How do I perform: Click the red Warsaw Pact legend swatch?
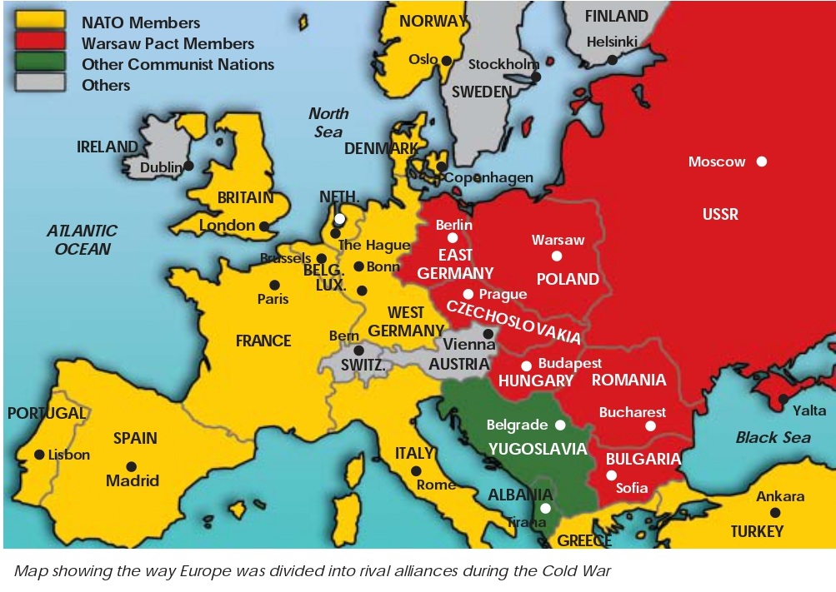tap(40, 43)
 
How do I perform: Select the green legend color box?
tap(40, 64)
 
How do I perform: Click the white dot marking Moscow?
tap(761, 162)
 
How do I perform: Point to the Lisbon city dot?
tap(39, 455)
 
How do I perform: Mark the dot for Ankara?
tap(775, 513)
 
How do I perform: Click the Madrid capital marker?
tap(131, 466)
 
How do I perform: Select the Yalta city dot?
tap(783, 400)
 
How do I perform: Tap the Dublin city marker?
tap(189, 166)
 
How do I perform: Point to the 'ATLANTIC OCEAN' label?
tap(82, 240)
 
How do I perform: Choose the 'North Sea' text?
tap(328, 122)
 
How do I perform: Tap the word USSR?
tap(720, 214)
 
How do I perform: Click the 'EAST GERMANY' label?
tap(455, 264)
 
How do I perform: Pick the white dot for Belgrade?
tap(560, 425)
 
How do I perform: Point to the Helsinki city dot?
tap(612, 59)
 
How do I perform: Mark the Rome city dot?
tap(415, 471)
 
